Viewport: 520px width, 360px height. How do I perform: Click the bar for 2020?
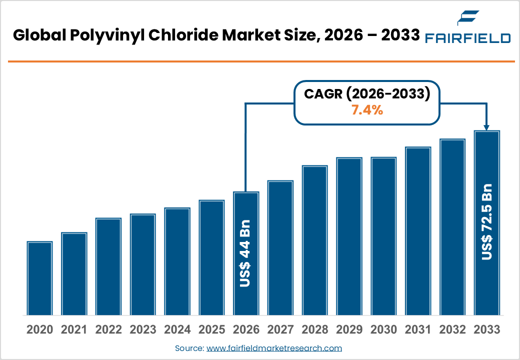pyautogui.click(x=39, y=278)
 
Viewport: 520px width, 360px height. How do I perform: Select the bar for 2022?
pyautogui.click(x=108, y=266)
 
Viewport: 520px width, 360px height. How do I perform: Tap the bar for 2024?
pyautogui.click(x=177, y=261)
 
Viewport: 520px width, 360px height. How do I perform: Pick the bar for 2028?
pyautogui.click(x=314, y=240)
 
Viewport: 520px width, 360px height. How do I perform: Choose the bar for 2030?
pyautogui.click(x=383, y=236)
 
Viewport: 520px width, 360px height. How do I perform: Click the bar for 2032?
pyautogui.click(x=452, y=227)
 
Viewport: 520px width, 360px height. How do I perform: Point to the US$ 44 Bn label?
pyautogui.click(x=245, y=253)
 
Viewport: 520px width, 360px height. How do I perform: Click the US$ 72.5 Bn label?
pyautogui.click(x=487, y=221)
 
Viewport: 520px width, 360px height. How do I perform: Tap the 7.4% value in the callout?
pyautogui.click(x=367, y=110)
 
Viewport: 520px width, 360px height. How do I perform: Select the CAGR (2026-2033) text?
pyautogui.click(x=367, y=94)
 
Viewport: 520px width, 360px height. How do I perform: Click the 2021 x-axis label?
pyautogui.click(x=74, y=329)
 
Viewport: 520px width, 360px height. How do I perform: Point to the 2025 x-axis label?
pyautogui.click(x=211, y=329)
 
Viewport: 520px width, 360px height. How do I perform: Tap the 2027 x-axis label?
pyautogui.click(x=280, y=329)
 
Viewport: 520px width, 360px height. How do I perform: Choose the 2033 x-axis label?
pyautogui.click(x=486, y=329)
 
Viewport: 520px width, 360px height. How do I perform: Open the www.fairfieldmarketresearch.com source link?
pyautogui.click(x=274, y=348)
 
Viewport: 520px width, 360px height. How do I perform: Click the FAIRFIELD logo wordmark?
pyautogui.click(x=467, y=38)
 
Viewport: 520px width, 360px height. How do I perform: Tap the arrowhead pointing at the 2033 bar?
pyautogui.click(x=486, y=127)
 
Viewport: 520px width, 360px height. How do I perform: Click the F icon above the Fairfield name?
pyautogui.click(x=468, y=18)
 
